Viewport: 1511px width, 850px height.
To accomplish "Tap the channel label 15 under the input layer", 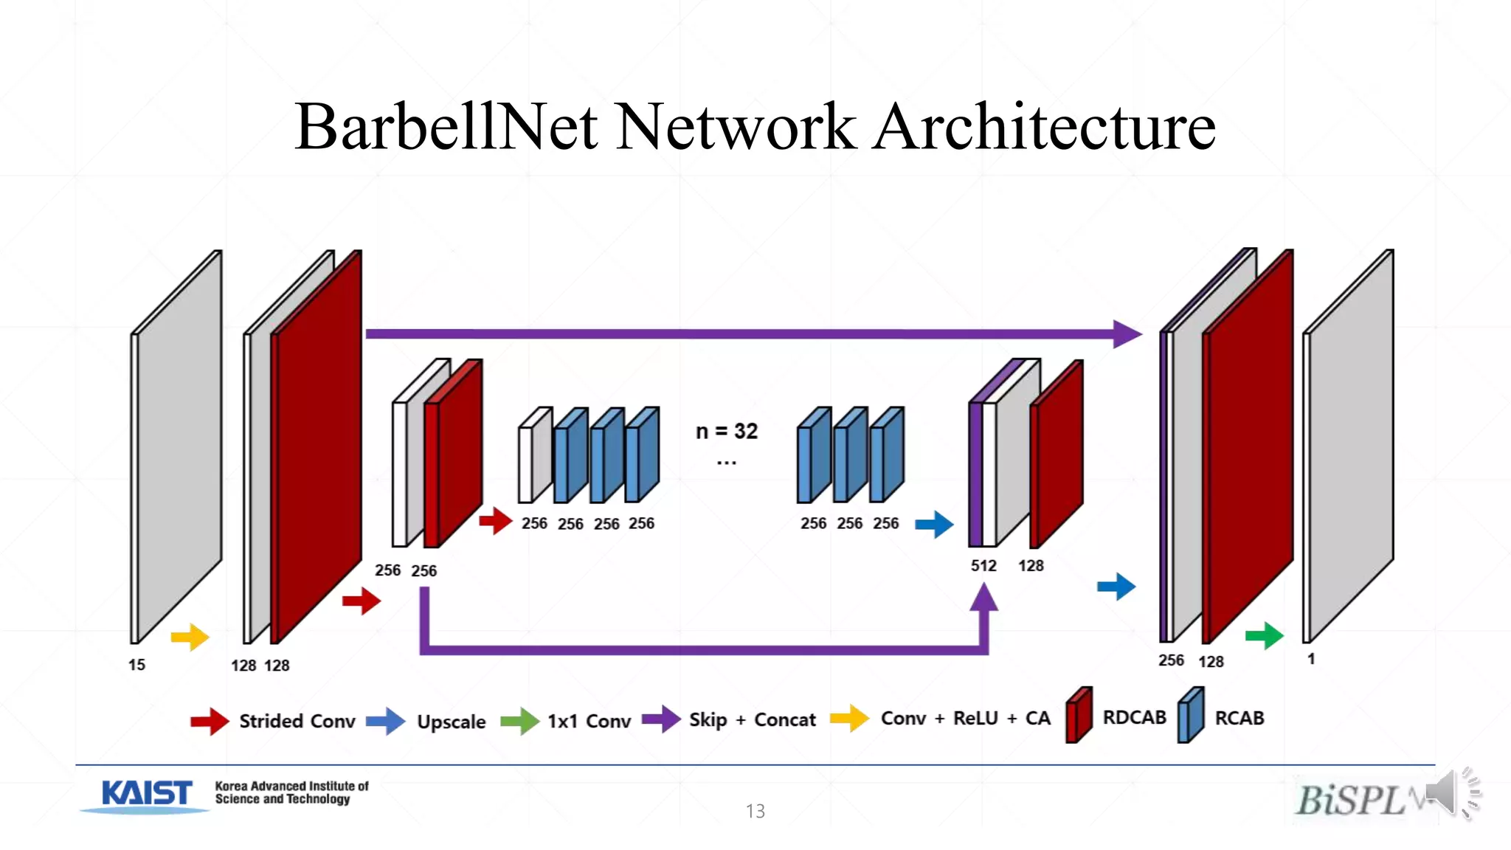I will pos(136,665).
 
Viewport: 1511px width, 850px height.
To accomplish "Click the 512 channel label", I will pos(983,566).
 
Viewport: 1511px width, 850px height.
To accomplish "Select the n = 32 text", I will pos(727,431).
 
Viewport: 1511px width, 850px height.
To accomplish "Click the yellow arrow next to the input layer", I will pos(190,637).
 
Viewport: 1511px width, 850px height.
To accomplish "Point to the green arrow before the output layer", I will pos(1264,635).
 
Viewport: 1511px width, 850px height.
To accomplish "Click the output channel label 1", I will pos(1311,659).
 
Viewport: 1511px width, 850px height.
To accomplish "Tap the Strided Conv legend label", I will pos(297,721).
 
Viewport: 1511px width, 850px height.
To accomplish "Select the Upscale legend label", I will pos(451,722).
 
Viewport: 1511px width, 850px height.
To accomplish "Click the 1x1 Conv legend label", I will pos(589,721).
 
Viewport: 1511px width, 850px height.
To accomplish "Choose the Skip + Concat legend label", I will pos(752,719).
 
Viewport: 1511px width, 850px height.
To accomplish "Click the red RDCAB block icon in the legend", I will pos(1079,715).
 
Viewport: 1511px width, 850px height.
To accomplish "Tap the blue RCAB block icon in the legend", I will pos(1191,715).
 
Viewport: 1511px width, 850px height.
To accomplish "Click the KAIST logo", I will pos(147,794).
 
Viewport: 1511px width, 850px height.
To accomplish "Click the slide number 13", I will pos(755,811).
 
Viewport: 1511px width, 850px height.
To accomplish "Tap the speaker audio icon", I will pos(1451,792).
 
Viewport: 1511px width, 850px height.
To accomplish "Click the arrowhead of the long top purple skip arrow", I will pos(1127,334).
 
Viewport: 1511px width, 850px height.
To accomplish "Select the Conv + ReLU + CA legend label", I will pos(965,718).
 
